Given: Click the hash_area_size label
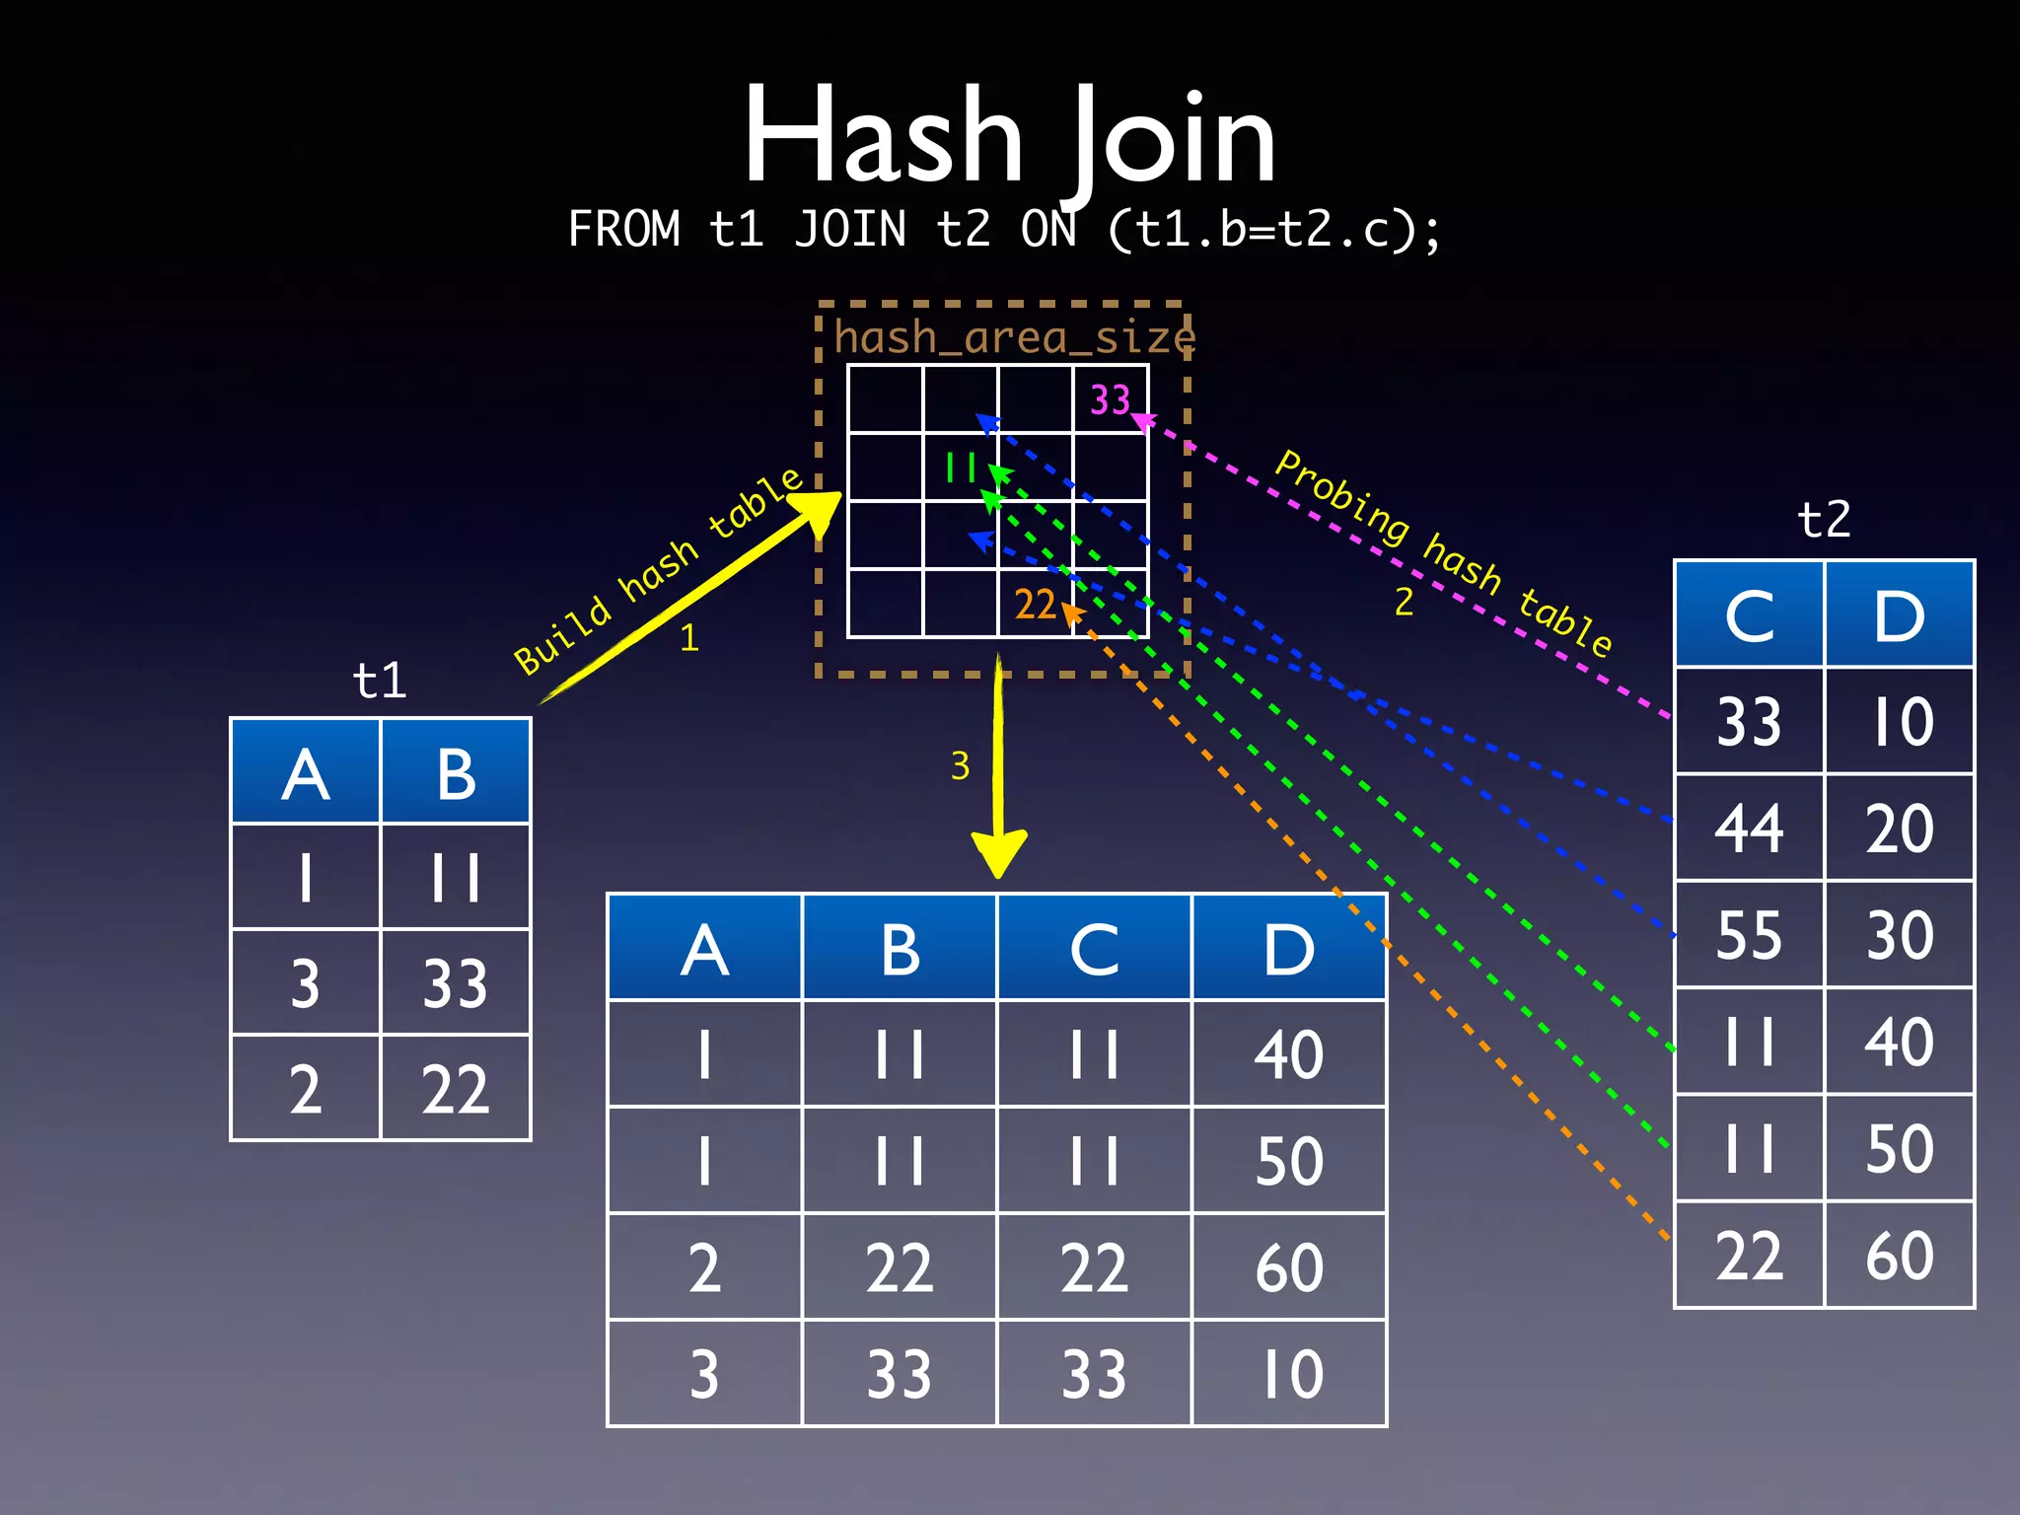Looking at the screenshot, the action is (x=1014, y=337).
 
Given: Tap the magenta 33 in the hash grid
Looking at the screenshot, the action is (x=1110, y=399).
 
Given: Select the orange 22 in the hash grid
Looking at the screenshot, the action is (x=1035, y=604).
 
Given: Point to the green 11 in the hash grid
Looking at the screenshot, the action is (x=960, y=467).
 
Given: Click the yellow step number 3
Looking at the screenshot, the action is (x=960, y=766).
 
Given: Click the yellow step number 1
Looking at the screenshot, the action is (x=689, y=638).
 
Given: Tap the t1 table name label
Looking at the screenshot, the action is (x=380, y=681).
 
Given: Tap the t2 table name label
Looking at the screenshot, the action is (x=1824, y=519).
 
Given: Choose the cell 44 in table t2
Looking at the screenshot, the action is (x=1749, y=828).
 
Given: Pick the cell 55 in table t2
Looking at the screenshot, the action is (x=1749, y=934).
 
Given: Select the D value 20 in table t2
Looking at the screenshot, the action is (x=1899, y=828).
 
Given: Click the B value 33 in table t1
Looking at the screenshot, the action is (x=455, y=983).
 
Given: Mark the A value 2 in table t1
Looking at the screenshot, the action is (x=305, y=1090).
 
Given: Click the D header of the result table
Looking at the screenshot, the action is (x=1289, y=950).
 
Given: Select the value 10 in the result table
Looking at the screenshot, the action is (x=1289, y=1374).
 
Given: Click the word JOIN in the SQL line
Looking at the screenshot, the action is (x=850, y=230).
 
